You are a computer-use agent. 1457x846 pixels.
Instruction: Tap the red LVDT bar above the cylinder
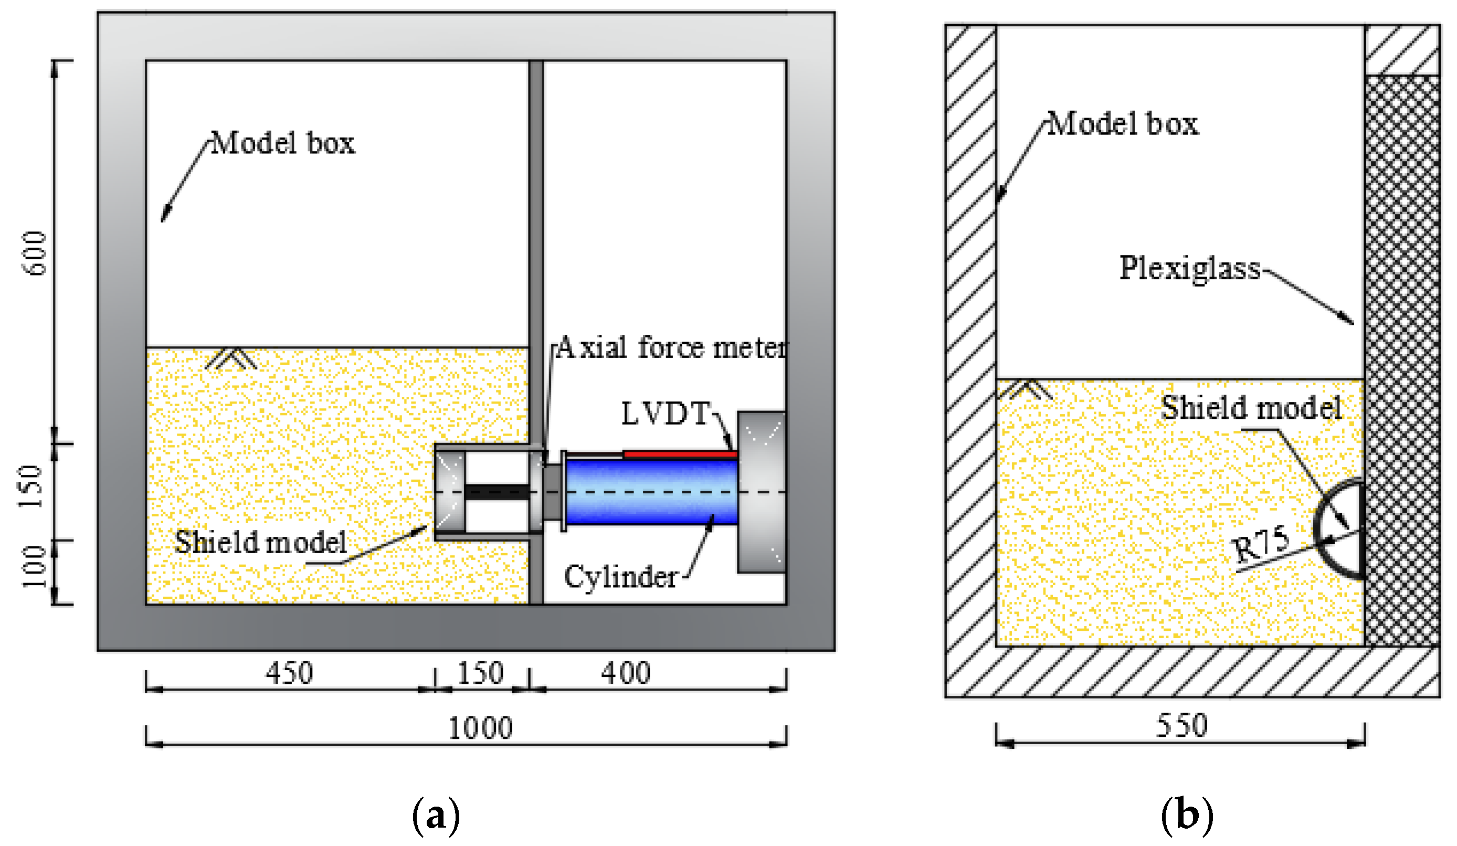(679, 454)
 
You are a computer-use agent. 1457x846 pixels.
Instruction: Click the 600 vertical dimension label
(35, 253)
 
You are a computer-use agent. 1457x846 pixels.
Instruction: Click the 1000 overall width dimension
(480, 728)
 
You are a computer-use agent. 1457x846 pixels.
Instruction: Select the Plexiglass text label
(1190, 268)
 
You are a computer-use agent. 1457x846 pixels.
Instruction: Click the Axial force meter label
(671, 348)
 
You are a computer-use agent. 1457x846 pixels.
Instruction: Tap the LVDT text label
(666, 414)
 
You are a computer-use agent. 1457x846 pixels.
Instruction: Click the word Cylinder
(620, 577)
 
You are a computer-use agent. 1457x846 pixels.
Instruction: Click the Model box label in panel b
(1123, 124)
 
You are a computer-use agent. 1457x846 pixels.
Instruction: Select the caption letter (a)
(436, 816)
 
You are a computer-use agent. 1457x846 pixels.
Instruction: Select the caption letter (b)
(1186, 816)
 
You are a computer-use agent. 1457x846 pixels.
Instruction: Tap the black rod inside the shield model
(497, 492)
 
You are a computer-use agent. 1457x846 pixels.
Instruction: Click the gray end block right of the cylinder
(761, 492)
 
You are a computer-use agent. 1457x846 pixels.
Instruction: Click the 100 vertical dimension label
(35, 567)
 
